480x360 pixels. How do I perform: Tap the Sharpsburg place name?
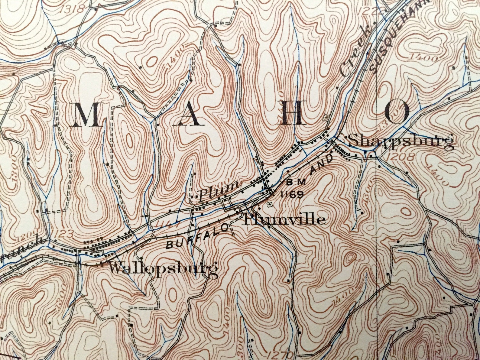click(401, 141)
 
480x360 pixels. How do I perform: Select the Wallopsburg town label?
click(163, 268)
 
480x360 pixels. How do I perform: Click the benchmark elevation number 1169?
click(292, 194)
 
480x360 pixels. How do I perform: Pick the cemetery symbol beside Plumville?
click(270, 204)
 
